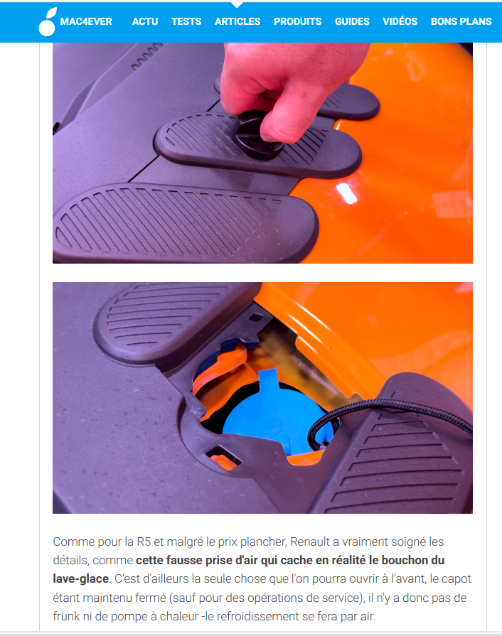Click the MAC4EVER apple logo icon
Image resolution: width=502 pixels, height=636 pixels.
[48, 22]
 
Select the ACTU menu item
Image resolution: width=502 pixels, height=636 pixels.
[145, 21]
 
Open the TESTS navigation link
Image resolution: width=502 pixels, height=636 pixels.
[186, 21]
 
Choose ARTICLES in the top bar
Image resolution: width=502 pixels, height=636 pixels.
[237, 21]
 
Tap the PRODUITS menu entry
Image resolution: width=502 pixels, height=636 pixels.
[297, 21]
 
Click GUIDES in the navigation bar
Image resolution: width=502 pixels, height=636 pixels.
[352, 21]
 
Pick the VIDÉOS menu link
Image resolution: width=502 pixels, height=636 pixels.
[400, 21]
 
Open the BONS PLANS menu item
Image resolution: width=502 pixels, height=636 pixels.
[461, 21]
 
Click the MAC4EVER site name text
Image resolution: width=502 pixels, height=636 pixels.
[86, 21]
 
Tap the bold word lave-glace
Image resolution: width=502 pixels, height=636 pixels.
[81, 579]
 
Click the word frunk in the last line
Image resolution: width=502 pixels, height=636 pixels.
[67, 616]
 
